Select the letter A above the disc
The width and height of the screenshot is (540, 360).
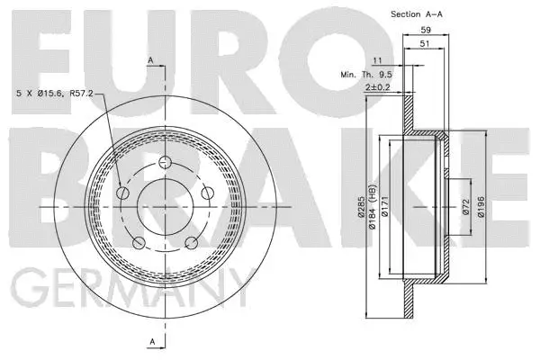[150, 59]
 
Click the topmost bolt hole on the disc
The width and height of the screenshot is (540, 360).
[166, 163]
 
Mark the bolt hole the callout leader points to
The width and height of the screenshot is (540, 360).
[122, 192]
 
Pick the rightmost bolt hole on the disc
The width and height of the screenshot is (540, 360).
[207, 193]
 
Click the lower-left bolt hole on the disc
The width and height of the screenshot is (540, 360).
[138, 242]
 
